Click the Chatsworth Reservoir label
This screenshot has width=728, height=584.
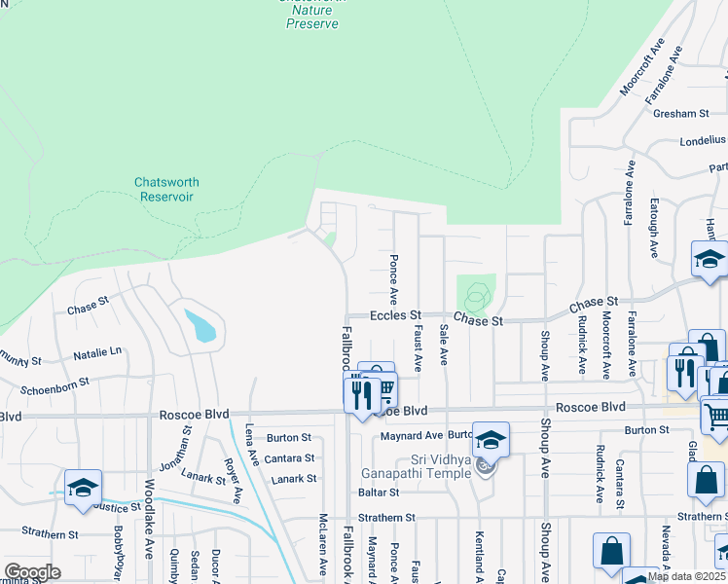click(x=164, y=189)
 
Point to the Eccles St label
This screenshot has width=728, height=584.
click(x=395, y=315)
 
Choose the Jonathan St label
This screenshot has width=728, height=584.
click(x=182, y=457)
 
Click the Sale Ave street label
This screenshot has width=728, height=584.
click(x=444, y=345)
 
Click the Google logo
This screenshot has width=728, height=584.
click(x=32, y=572)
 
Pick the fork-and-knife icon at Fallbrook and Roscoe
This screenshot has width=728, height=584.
click(x=359, y=395)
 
